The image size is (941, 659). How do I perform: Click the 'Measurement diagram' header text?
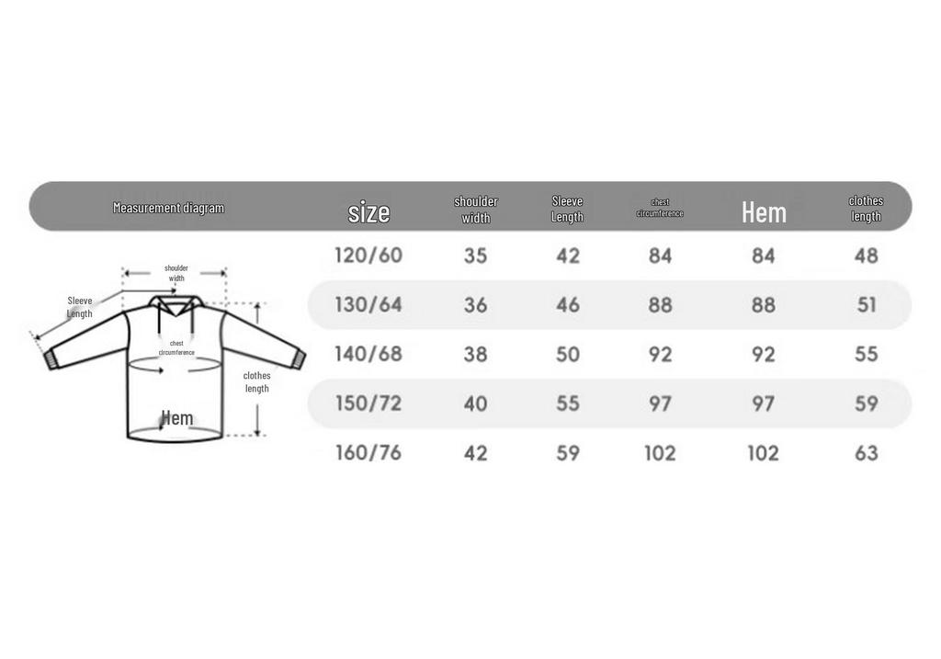click(169, 208)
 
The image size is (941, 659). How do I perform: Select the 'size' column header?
click(368, 212)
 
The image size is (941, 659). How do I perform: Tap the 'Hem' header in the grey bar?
click(764, 212)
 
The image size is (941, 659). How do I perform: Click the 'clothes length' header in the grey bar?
click(866, 209)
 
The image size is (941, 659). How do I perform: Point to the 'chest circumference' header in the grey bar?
click(660, 208)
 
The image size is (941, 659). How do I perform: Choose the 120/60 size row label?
click(368, 256)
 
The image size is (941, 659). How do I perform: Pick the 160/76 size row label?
click(368, 452)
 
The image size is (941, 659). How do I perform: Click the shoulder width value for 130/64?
click(475, 305)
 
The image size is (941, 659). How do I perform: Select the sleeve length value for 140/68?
click(568, 354)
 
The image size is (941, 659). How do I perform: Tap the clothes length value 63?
click(866, 452)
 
